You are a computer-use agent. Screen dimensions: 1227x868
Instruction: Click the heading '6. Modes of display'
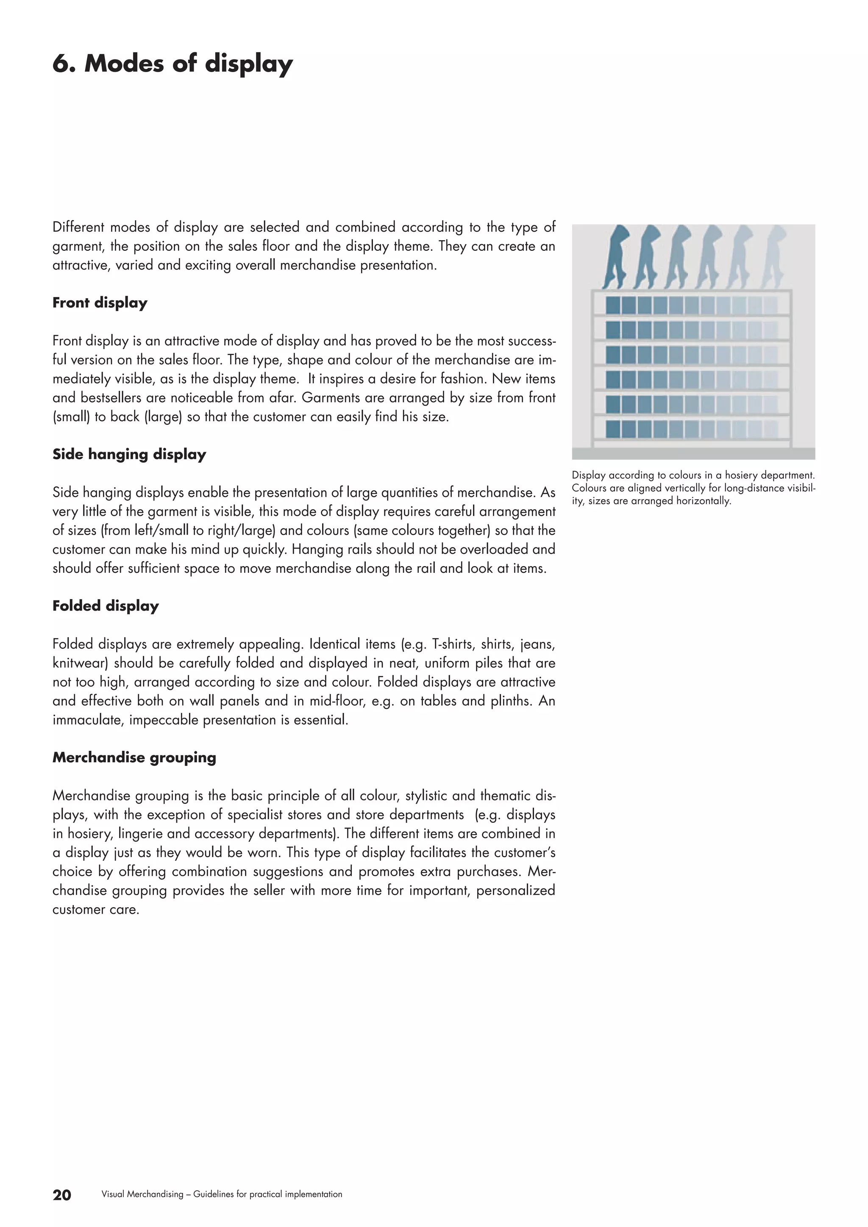pyautogui.click(x=172, y=64)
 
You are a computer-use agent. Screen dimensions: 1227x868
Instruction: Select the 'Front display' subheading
pyautogui.click(x=100, y=303)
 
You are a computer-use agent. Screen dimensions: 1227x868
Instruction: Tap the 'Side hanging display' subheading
pyautogui.click(x=129, y=454)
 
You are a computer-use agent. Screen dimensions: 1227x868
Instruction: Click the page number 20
pyautogui.click(x=62, y=1195)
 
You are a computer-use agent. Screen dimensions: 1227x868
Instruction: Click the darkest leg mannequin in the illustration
pyautogui.click(x=616, y=255)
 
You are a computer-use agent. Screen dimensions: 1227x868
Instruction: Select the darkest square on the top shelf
pyautogui.click(x=612, y=305)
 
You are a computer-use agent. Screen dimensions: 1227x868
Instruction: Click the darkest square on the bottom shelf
pyautogui.click(x=612, y=429)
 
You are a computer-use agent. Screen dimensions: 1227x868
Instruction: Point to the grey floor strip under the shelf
pyautogui.click(x=693, y=453)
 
